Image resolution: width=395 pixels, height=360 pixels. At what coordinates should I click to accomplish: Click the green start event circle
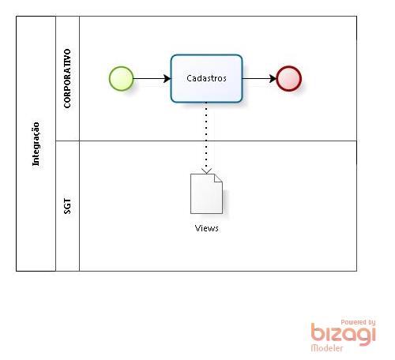pos(121,78)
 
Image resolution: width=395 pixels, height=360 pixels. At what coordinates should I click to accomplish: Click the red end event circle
pos(288,78)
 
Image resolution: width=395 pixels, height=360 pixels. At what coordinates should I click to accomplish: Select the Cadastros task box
pos(206,78)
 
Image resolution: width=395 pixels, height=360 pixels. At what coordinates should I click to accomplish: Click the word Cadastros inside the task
pos(206,78)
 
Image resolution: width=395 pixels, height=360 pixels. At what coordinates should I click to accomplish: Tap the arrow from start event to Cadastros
pos(152,78)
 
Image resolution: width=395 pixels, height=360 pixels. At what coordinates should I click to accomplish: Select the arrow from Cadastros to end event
pos(259,78)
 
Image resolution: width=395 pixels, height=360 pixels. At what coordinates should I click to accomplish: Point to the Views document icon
pos(206,193)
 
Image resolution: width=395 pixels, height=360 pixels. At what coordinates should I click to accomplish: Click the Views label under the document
pos(206,228)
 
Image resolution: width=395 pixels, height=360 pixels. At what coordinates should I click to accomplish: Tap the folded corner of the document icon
pos(218,178)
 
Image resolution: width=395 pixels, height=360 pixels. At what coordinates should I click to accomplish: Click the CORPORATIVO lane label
pos(67,78)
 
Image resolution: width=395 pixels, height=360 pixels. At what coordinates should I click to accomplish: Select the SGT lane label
pos(67,206)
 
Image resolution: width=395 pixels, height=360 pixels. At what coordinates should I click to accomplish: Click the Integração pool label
pos(36,144)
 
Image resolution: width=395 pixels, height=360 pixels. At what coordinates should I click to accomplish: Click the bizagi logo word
pos(343,334)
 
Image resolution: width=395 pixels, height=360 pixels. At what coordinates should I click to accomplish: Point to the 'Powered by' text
pos(358,322)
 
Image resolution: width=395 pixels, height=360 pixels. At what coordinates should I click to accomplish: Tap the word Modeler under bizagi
pos(327,348)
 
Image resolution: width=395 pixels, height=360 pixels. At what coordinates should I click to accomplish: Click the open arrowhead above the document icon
pos(206,171)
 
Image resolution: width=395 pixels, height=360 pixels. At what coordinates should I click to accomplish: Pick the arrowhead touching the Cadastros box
pos(167,78)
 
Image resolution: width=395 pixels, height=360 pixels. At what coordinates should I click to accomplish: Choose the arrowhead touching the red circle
pos(273,78)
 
